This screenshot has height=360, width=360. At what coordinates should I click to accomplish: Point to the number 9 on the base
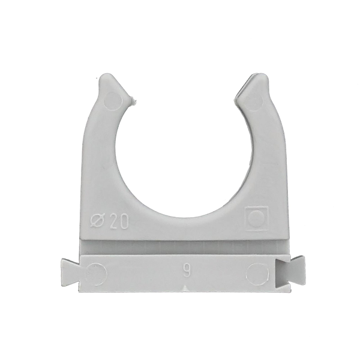pyautogui.click(x=187, y=271)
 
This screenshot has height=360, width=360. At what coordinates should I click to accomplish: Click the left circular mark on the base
pyautogui.click(x=96, y=274)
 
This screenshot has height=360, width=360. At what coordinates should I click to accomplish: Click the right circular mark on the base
pyautogui.click(x=258, y=274)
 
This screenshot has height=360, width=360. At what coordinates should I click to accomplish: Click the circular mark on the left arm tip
pyautogui.click(x=112, y=100)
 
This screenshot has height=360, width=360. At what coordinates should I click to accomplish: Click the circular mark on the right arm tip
pyautogui.click(x=254, y=100)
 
